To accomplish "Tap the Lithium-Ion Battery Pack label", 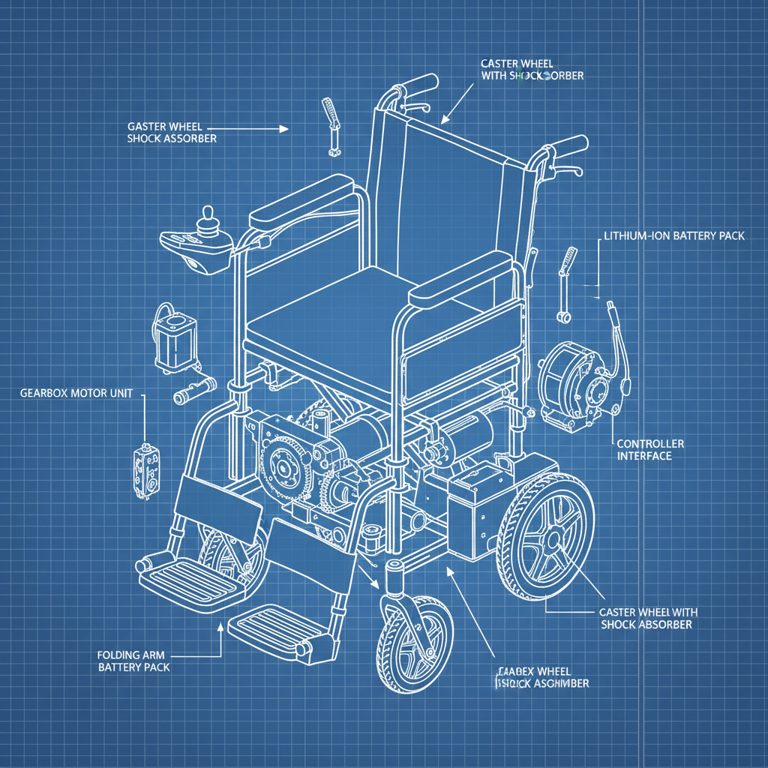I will tap(674, 235).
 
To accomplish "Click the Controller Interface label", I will tap(649, 450).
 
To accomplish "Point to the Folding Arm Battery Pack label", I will tap(134, 661).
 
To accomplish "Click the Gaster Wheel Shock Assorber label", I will tap(172, 133).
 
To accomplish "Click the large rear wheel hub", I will tap(553, 540).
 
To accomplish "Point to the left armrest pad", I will tap(300, 199).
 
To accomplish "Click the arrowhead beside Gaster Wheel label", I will tap(283, 129).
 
